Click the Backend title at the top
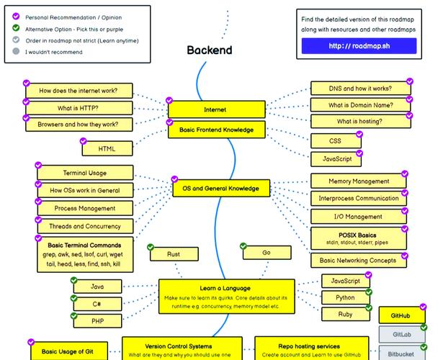point(209,50)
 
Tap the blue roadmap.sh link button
point(359,46)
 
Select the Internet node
point(215,109)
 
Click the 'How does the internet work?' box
point(79,91)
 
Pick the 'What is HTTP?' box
point(79,108)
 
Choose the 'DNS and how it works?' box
point(359,89)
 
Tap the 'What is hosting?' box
point(359,122)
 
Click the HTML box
point(107,149)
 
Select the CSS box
point(335,141)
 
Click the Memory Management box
point(359,181)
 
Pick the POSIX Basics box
point(359,238)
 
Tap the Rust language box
point(173,254)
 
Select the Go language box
point(266,253)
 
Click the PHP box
point(97,320)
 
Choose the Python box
point(345,297)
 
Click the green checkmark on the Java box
point(73,280)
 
